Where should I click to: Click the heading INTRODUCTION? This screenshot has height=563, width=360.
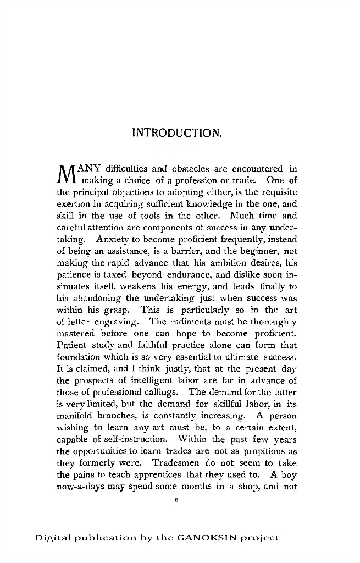tap(177, 133)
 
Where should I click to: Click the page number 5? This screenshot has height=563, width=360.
tap(177, 500)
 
